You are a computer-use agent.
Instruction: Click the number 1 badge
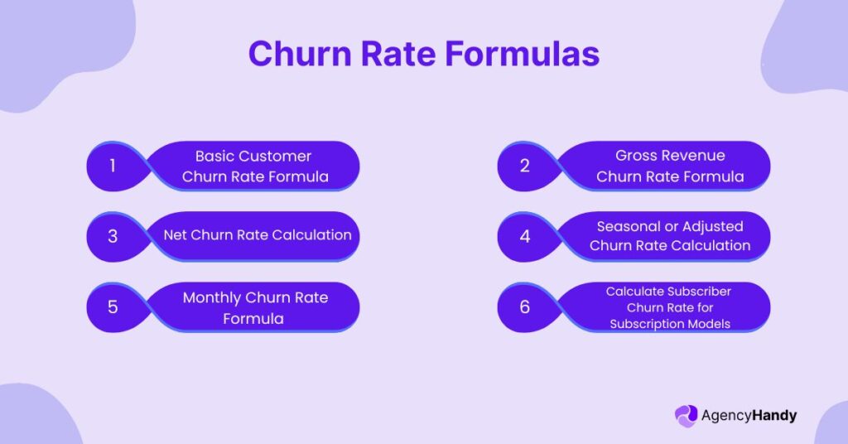click(113, 166)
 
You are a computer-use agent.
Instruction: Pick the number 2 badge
click(524, 166)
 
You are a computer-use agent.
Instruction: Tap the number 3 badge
click(113, 236)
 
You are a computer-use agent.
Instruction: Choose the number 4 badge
click(524, 236)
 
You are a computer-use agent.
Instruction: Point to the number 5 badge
click(113, 306)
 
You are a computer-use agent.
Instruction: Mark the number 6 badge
click(524, 306)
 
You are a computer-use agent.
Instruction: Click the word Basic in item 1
click(214, 156)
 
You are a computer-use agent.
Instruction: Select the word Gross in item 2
click(635, 156)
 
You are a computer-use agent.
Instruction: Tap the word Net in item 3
click(175, 234)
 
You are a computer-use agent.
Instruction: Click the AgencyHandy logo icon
click(687, 416)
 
